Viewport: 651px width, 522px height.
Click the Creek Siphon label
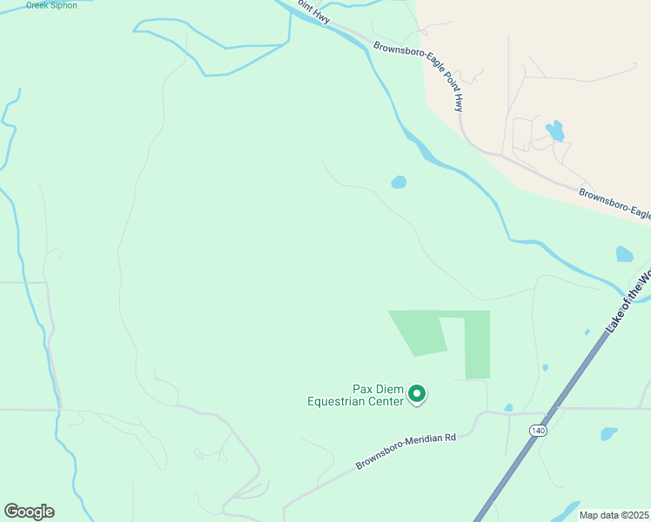click(51, 5)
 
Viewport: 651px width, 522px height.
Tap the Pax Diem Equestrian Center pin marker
click(417, 395)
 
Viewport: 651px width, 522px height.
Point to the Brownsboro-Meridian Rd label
click(406, 450)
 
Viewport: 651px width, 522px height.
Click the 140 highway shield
click(536, 430)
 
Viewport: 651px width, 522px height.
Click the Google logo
click(29, 512)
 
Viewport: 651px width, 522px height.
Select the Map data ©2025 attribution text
click(614, 515)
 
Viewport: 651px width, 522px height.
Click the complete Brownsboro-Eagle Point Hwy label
click(419, 77)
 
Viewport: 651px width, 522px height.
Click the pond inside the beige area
click(554, 131)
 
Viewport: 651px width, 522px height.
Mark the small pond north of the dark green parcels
click(399, 183)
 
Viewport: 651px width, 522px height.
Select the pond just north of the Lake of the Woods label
click(624, 254)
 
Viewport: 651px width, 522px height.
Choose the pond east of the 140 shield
click(608, 433)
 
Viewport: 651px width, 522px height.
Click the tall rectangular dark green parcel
click(477, 345)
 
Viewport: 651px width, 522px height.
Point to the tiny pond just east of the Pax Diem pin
click(508, 407)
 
